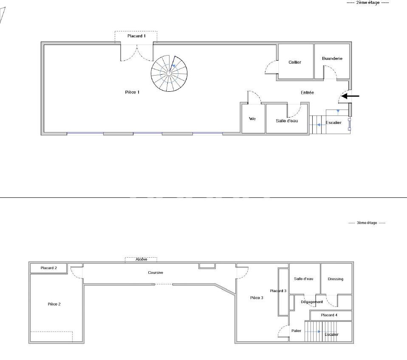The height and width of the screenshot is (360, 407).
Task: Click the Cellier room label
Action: pyautogui.click(x=294, y=62)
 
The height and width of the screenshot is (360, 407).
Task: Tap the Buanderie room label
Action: pyautogui.click(x=332, y=59)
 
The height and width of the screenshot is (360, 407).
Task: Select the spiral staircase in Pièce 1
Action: pyautogui.click(x=169, y=73)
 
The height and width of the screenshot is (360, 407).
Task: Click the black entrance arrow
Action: pyautogui.click(x=351, y=96)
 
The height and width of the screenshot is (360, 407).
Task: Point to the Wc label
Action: pyautogui.click(x=252, y=119)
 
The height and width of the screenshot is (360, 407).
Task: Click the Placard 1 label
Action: pyautogui.click(x=136, y=36)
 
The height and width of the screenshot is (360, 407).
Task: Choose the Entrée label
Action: pyautogui.click(x=307, y=93)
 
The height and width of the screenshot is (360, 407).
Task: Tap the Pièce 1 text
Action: pyautogui.click(x=132, y=92)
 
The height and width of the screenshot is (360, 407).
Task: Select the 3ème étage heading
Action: pyautogui.click(x=367, y=223)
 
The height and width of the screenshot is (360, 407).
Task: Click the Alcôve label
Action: pyautogui.click(x=141, y=259)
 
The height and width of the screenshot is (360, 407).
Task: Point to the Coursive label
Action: pyautogui.click(x=155, y=273)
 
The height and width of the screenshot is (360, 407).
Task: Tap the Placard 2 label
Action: pyautogui.click(x=48, y=268)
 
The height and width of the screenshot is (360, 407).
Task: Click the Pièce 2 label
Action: pyautogui.click(x=54, y=304)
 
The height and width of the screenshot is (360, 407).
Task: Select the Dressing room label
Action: pyautogui.click(x=336, y=279)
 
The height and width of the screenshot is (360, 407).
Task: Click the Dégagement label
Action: pyautogui.click(x=311, y=302)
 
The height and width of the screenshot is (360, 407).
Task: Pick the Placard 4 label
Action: pyautogui.click(x=329, y=315)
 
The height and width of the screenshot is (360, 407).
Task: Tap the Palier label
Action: pyautogui.click(x=296, y=331)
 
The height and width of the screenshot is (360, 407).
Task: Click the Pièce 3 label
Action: pyautogui.click(x=256, y=298)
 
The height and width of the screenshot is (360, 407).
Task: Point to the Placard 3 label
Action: pyautogui.click(x=278, y=291)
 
